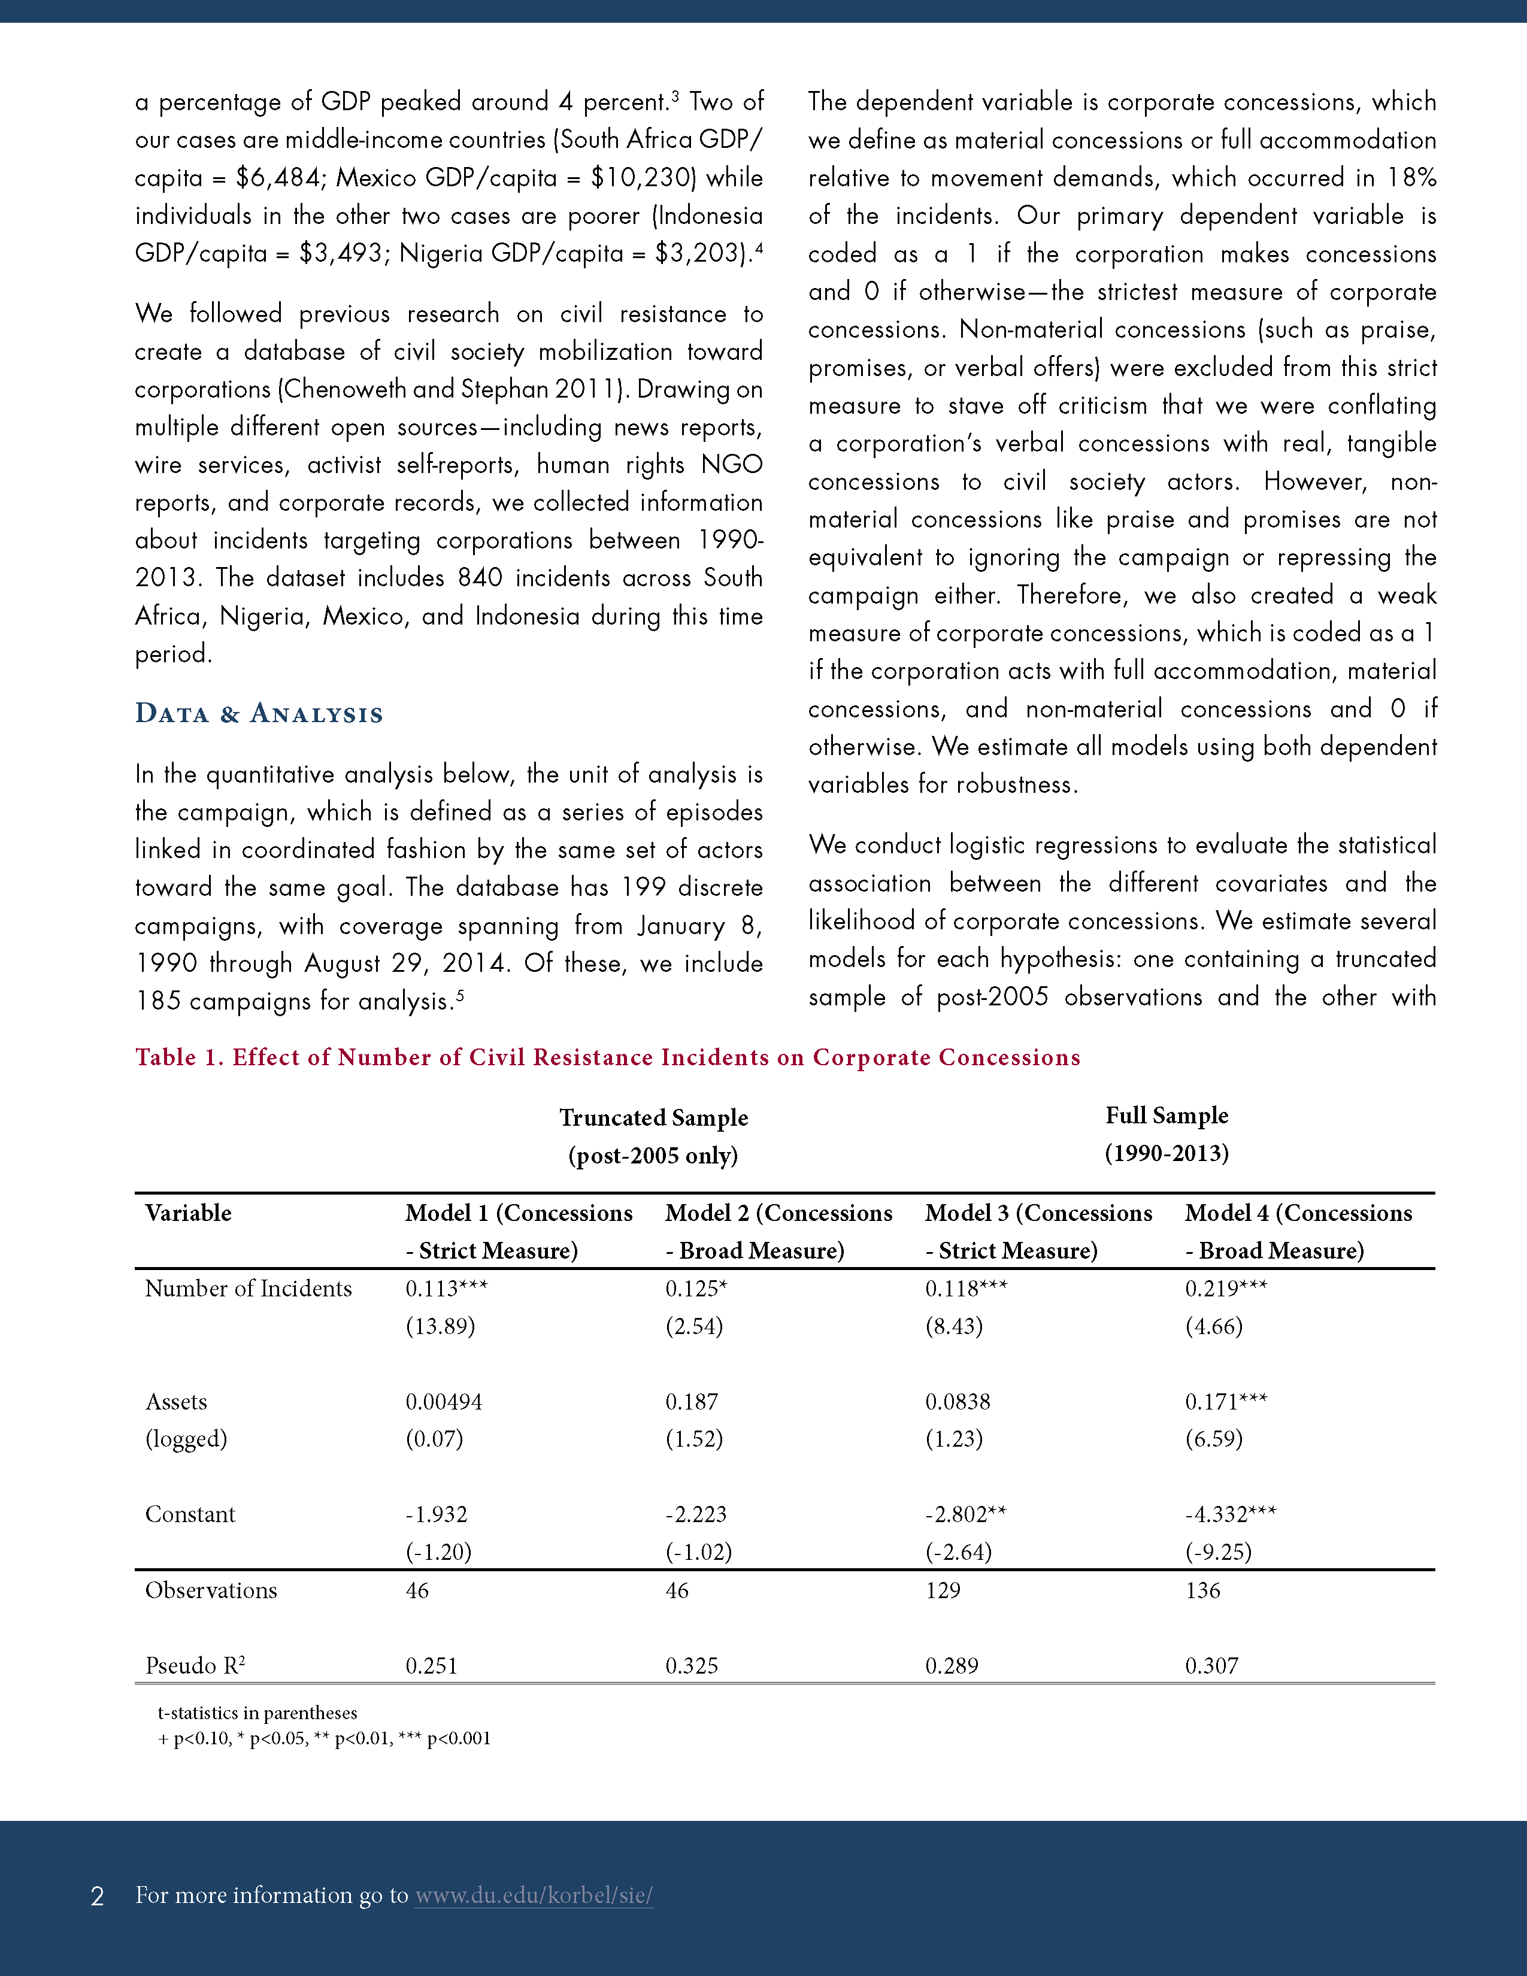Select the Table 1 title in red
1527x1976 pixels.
click(x=607, y=1057)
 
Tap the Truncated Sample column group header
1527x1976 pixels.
click(x=653, y=1136)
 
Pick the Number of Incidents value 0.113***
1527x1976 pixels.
click(x=446, y=1289)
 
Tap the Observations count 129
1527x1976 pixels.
click(x=943, y=1590)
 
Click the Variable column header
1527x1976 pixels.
click(x=188, y=1213)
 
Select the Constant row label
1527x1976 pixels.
click(x=190, y=1514)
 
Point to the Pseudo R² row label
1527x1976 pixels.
click(x=195, y=1666)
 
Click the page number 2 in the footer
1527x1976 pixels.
click(x=98, y=1896)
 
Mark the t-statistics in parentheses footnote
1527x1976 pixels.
click(x=258, y=1713)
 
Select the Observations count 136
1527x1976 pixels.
click(x=1202, y=1590)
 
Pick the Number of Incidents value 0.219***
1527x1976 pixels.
click(x=1226, y=1289)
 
